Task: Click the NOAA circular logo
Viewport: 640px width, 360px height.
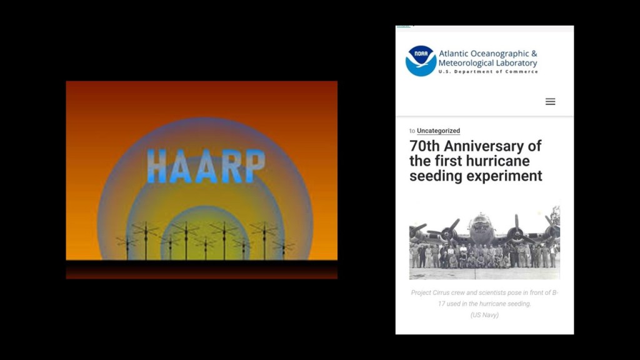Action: click(x=421, y=61)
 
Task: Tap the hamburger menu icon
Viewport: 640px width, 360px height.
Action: click(x=550, y=102)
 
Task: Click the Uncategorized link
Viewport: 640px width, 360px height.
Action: click(x=438, y=131)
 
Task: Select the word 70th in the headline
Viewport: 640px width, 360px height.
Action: click(x=424, y=146)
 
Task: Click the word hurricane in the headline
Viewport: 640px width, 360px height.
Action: click(x=498, y=161)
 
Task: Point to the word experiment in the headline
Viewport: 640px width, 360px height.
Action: click(x=509, y=176)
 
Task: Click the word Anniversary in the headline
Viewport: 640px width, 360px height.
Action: click(x=492, y=146)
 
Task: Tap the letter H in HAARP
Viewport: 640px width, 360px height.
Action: click(x=157, y=166)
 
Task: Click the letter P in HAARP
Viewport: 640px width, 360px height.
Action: click(x=256, y=165)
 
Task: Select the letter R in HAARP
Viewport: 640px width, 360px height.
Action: click(x=231, y=166)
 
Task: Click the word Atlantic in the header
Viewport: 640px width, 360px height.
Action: click(x=454, y=54)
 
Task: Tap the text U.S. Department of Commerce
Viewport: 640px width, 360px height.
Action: click(x=488, y=71)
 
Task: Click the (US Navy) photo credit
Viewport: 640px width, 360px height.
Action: click(x=484, y=315)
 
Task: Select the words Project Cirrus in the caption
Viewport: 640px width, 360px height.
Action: click(x=431, y=292)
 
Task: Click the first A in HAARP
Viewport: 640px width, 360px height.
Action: click(x=181, y=166)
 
